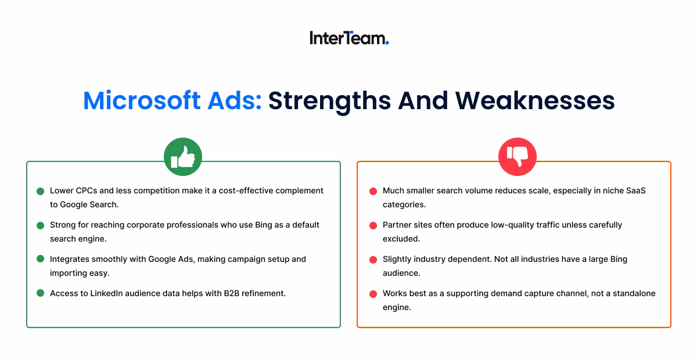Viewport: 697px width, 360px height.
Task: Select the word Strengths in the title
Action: [329, 100]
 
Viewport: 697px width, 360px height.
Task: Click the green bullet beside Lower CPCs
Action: [40, 191]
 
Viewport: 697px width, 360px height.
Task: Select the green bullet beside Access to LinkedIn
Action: [40, 293]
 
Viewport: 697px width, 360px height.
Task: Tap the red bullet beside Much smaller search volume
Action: [373, 191]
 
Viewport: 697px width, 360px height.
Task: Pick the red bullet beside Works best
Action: [373, 294]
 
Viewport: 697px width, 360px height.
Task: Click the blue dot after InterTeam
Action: [387, 42]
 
